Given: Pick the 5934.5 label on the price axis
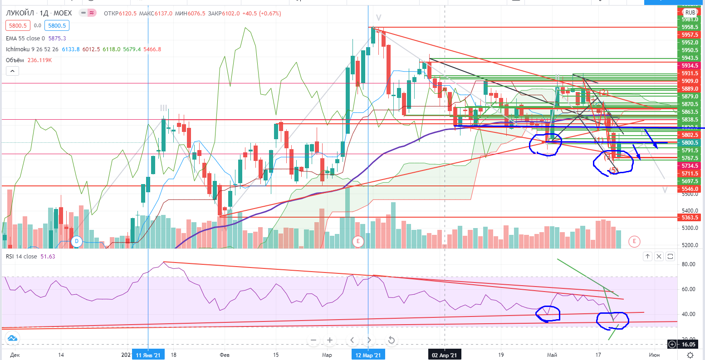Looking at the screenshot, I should pos(690,66).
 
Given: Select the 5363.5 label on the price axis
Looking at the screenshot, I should pos(690,218).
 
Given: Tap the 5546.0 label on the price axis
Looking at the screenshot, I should pos(690,189).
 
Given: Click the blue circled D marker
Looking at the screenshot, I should pos(77,241).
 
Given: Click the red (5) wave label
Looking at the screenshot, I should pos(613,170).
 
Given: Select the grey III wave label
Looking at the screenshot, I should pos(163,108).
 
